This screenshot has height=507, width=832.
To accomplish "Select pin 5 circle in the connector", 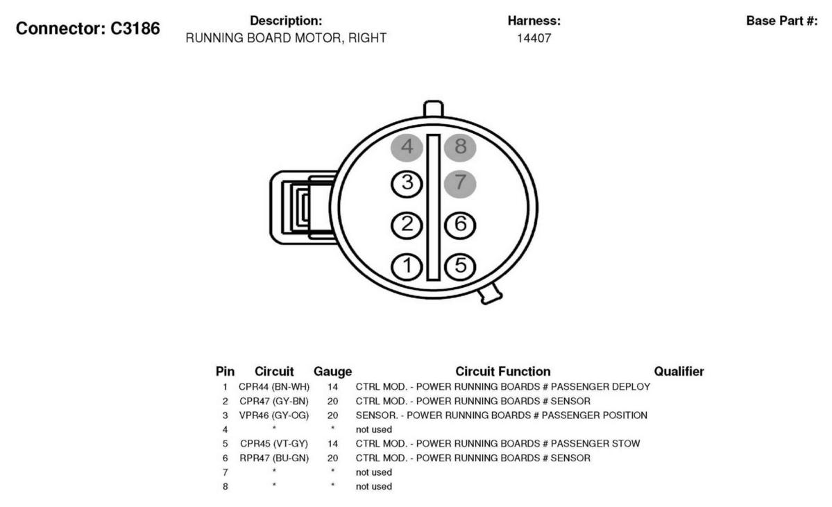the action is (460, 266).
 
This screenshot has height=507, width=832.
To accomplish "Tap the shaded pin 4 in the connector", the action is (407, 147).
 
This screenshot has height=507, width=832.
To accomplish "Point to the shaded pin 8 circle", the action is (460, 147).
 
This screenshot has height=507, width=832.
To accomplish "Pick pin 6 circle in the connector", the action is (460, 224).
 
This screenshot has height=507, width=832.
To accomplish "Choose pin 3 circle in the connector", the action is (407, 184).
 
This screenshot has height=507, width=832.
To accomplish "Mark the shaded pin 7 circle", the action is (460, 184).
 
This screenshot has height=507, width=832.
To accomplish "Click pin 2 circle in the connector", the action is (407, 225).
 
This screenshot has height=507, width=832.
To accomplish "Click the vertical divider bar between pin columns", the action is (434, 207).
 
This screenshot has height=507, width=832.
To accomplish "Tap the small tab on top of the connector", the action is (434, 108).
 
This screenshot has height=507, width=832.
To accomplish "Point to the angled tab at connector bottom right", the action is (490, 294).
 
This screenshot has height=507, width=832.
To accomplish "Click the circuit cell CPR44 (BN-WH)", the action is (274, 386).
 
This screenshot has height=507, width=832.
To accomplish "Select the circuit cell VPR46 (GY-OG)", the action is (274, 415).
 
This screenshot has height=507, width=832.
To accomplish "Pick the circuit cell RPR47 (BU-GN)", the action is (274, 458).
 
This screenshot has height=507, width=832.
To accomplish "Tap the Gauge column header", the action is (332, 372).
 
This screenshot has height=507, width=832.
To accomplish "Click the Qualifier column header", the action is (679, 371).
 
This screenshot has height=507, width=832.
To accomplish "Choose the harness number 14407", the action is (534, 38).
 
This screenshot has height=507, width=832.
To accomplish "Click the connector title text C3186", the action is (135, 28).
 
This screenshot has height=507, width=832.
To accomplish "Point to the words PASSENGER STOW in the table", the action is (595, 443).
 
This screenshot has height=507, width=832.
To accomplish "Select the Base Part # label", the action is (781, 21).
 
